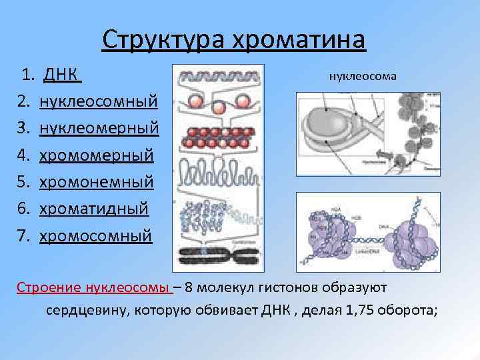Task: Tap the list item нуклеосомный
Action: click(99, 101)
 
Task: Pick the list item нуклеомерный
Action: click(99, 128)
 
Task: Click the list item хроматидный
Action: click(94, 209)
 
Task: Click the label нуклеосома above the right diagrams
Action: click(363, 75)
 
